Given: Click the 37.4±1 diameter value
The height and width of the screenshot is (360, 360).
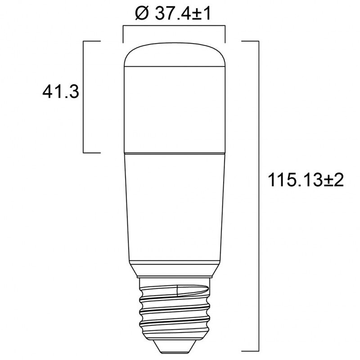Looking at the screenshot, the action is point(183,13).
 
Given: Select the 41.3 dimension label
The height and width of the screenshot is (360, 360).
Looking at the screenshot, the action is point(61,91).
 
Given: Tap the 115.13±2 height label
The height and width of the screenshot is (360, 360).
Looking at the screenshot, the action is point(306,180).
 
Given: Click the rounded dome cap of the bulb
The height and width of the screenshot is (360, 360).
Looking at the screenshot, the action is point(174,55).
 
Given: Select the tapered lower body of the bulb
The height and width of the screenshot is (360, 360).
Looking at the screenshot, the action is point(174,207).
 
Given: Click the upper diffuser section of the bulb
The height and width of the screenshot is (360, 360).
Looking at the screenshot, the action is point(174,110).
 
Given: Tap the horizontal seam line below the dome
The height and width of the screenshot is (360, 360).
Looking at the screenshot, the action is point(174,67).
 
